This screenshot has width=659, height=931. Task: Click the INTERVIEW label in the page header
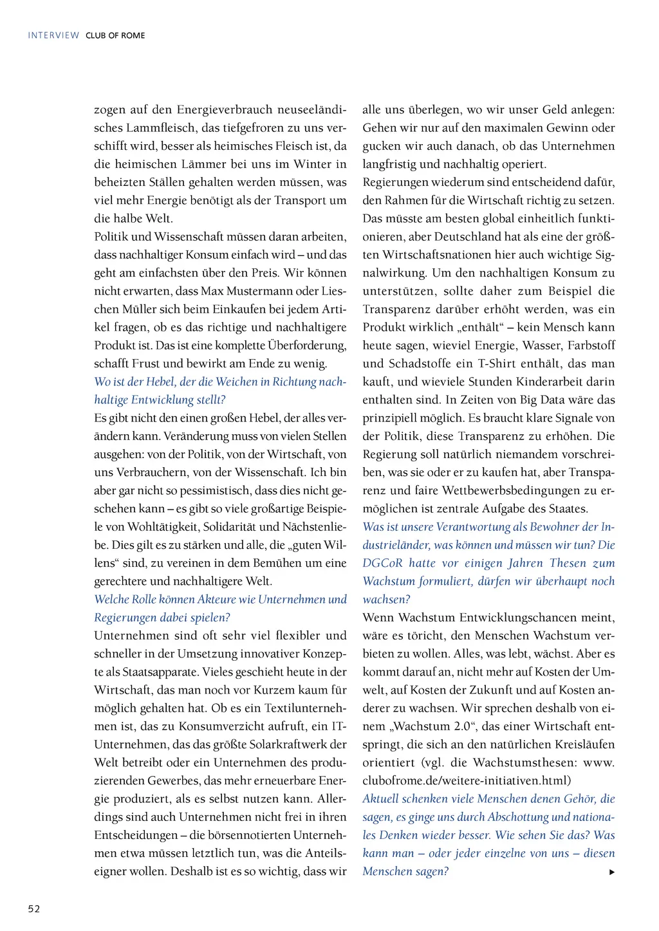click(x=53, y=35)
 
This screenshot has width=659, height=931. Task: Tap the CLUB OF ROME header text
click(x=115, y=35)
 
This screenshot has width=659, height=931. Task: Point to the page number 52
click(x=34, y=908)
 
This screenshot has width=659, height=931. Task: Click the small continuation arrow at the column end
click(x=611, y=872)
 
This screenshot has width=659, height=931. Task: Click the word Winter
click(x=313, y=164)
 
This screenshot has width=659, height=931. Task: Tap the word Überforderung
click(x=307, y=346)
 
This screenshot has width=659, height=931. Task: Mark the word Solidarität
click(x=230, y=527)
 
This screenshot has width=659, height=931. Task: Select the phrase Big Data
click(x=519, y=400)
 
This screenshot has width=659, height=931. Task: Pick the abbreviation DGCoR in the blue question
click(x=382, y=563)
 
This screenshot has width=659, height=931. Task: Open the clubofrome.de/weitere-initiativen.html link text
click(x=467, y=780)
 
